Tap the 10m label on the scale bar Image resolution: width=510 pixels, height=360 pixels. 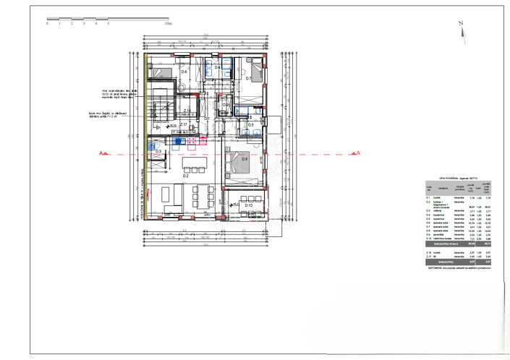click(169, 24)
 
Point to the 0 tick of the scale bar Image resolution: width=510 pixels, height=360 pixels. click(47, 24)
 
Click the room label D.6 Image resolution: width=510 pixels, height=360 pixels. click(184, 72)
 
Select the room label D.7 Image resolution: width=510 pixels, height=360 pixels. click(247, 78)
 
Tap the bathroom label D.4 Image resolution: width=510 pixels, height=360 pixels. click(218, 68)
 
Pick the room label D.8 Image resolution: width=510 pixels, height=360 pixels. click(245, 159)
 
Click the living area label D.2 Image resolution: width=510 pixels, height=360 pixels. click(185, 176)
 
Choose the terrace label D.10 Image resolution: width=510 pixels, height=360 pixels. click(247, 205)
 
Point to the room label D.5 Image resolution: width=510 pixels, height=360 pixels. click(250, 125)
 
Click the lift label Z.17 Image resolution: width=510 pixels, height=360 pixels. click(184, 125)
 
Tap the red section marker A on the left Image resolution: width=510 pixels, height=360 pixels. click(103, 153)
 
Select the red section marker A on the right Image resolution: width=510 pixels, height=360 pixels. click(357, 153)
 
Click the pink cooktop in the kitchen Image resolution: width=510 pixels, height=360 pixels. click(194, 142)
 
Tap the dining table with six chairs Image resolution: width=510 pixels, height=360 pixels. click(203, 194)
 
